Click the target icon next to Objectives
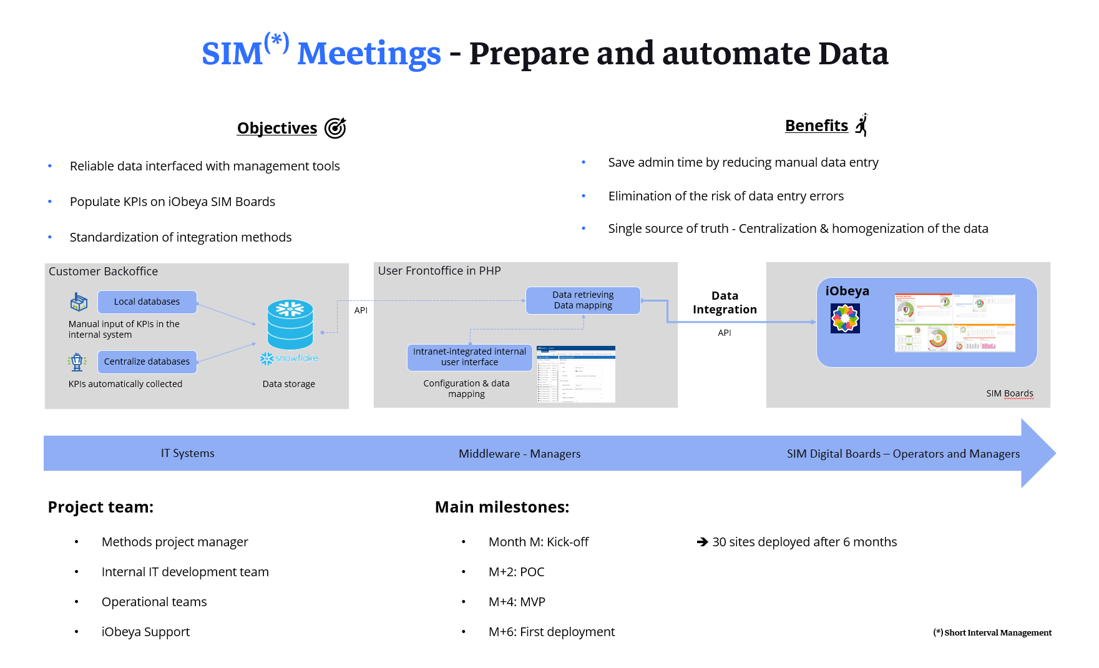click(x=335, y=128)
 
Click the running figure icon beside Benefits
click(x=862, y=125)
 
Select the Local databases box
click(x=147, y=302)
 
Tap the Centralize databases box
click(x=147, y=361)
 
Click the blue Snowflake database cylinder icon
click(x=290, y=325)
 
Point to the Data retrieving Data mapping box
click(x=583, y=300)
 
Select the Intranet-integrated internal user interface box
click(x=469, y=357)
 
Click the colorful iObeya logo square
click(x=845, y=318)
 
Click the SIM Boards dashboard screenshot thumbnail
click(x=954, y=323)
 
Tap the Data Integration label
click(x=725, y=303)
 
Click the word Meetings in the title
click(x=369, y=54)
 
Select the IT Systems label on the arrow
click(x=187, y=453)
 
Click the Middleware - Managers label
click(x=519, y=454)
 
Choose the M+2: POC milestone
click(x=516, y=572)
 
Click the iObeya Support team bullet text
click(x=145, y=632)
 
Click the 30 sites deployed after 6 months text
click(x=804, y=542)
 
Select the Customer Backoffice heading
click(x=103, y=272)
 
